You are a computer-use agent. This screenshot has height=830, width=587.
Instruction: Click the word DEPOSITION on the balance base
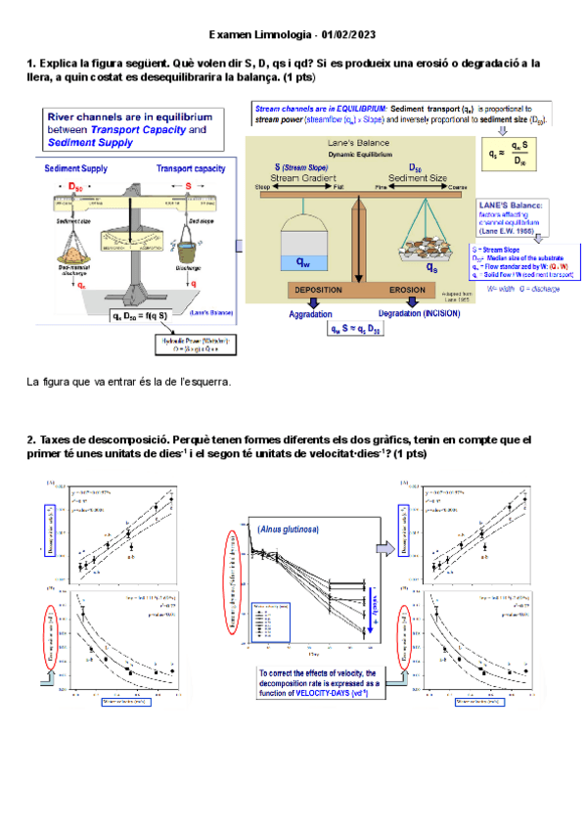pyautogui.click(x=316, y=291)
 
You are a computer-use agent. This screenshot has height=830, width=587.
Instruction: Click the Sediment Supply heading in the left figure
pyautogui.click(x=75, y=168)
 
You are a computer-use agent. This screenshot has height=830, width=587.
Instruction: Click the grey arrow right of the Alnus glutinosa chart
pyautogui.click(x=384, y=550)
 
